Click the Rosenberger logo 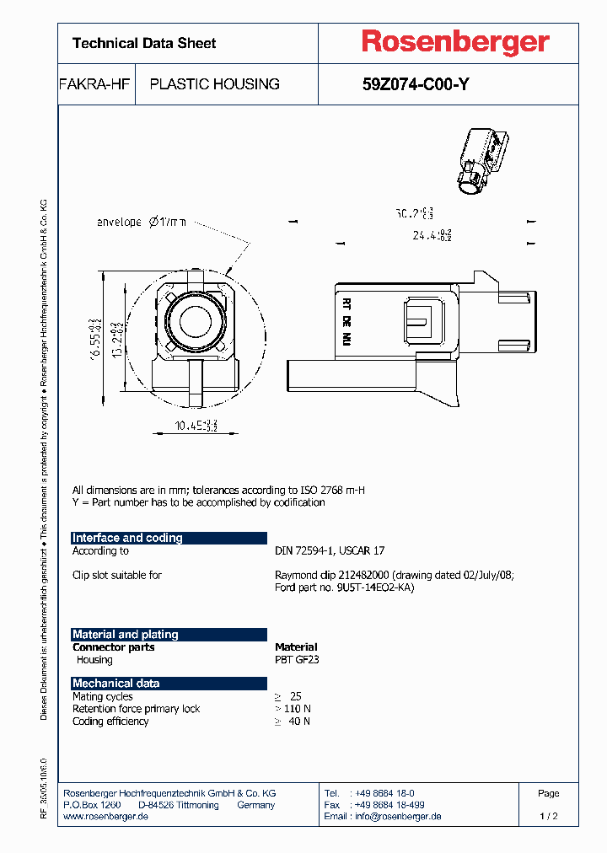click(455, 42)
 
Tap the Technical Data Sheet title click(144, 43)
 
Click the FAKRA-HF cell click(92, 84)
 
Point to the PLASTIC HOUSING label click(214, 84)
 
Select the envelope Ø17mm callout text click(140, 223)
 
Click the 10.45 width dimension click(195, 426)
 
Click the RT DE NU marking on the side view click(346, 321)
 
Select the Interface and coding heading click(127, 538)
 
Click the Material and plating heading click(126, 634)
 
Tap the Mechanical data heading click(115, 683)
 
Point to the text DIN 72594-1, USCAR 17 click(330, 550)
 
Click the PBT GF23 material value click(297, 660)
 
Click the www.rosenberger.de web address click(106, 817)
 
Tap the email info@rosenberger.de click(383, 817)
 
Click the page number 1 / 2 click(548, 817)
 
